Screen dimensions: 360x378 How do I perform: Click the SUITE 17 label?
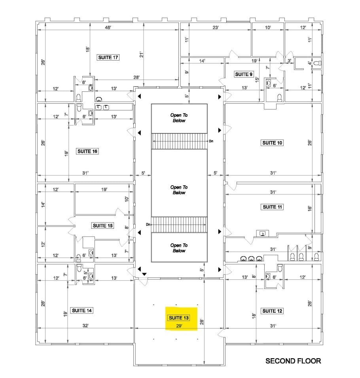pos(108,57)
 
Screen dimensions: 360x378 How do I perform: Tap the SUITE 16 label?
pos(87,151)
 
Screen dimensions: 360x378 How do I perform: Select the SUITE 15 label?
pos(102,226)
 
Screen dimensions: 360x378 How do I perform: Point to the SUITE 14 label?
pos(82,310)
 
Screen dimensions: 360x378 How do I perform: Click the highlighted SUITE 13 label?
pos(179,318)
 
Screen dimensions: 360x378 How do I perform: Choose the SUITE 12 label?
pos(272,311)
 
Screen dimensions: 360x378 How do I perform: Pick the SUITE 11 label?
pos(272,207)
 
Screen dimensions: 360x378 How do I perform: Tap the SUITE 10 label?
pos(272,143)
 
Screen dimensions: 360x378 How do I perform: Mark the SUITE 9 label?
pos(243,74)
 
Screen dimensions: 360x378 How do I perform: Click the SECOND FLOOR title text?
pos(293,361)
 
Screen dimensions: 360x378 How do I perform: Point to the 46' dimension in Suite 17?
pos(108,27)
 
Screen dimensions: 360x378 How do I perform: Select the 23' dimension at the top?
pos(216,27)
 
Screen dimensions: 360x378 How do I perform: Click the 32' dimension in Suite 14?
pos(85,326)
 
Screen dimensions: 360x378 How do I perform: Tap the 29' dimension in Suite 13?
pos(179,326)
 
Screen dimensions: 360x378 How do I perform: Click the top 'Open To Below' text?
pos(179,118)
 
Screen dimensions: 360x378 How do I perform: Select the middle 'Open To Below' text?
pos(179,190)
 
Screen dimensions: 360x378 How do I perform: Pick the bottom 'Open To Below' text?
pos(179,248)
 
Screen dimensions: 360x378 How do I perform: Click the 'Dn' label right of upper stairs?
pos(211,141)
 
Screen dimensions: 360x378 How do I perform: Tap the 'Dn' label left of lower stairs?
pos(148,224)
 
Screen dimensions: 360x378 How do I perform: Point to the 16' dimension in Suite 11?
pos(310,207)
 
